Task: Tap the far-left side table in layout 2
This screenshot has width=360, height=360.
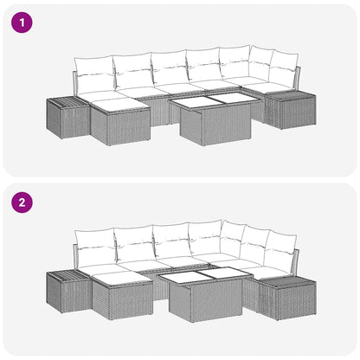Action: click(67, 292)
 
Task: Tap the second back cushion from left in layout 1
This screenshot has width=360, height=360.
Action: click(132, 72)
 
